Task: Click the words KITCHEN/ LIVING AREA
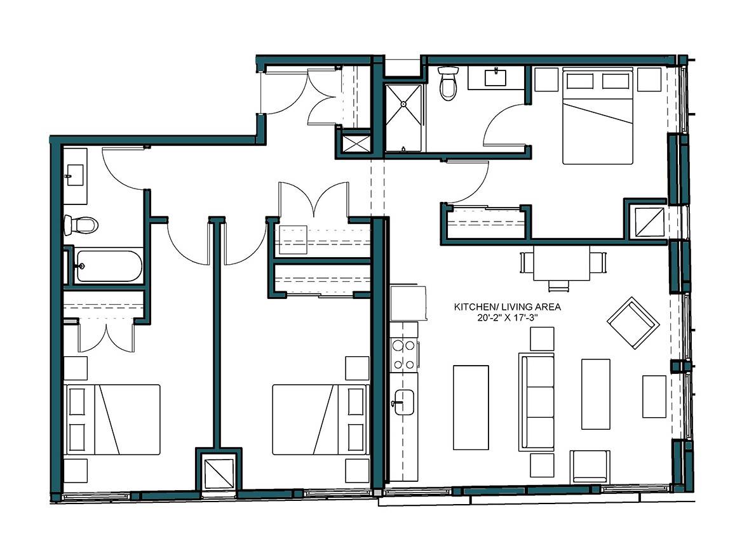click(x=506, y=307)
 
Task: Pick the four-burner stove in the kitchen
click(x=405, y=355)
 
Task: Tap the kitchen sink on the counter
click(x=404, y=402)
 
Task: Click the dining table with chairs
click(x=560, y=264)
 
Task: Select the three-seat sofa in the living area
click(x=536, y=402)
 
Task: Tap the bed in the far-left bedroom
click(x=112, y=419)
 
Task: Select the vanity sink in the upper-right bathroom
click(x=496, y=77)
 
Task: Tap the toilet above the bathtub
click(x=80, y=224)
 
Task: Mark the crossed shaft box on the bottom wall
click(x=219, y=473)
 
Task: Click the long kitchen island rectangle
click(x=470, y=407)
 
